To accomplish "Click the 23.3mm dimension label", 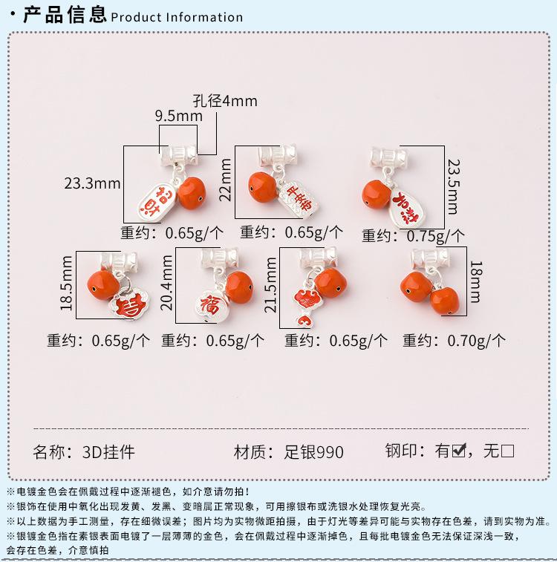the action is [92, 183].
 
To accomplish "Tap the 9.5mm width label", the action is [178, 116].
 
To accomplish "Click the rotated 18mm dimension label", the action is [476, 280].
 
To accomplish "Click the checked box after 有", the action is [458, 450].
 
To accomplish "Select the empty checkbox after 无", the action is [508, 450].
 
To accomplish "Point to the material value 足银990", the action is [315, 452].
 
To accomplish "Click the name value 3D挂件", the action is [108, 452].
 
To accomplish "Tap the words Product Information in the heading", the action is [177, 17].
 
